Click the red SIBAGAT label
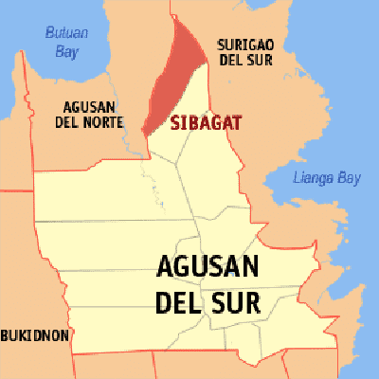205,122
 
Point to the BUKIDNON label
34,335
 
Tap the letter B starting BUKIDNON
6,335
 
